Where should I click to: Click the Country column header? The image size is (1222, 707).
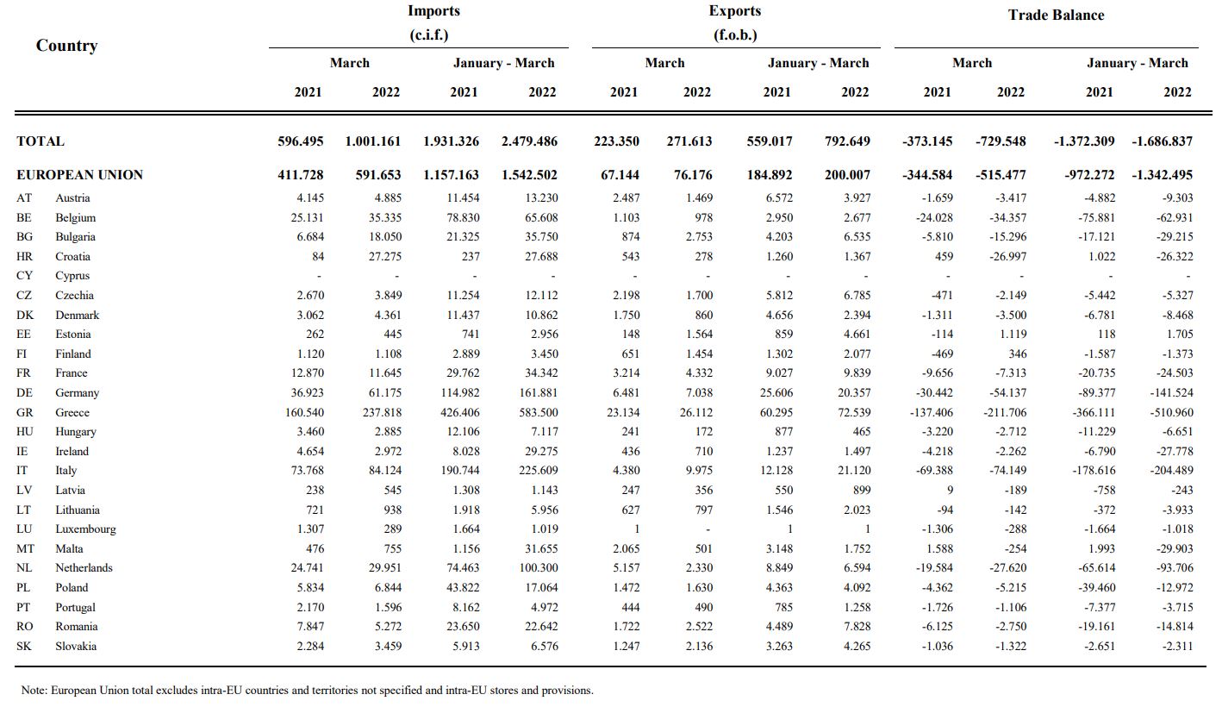coord(66,46)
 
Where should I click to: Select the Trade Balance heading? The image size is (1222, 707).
coord(1056,15)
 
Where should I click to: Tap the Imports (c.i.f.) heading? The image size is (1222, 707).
coord(433,22)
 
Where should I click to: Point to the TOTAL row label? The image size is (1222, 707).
coord(41,141)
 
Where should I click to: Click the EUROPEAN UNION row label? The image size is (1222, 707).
coord(79,174)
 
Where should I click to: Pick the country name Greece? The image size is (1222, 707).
coord(72,412)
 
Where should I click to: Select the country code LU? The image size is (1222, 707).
coord(25,529)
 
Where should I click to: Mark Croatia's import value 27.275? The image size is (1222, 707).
coord(380,256)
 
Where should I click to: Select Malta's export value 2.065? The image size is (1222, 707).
coord(627,548)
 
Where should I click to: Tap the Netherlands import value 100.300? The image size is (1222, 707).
coord(536,567)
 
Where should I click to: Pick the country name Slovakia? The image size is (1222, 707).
coord(76,646)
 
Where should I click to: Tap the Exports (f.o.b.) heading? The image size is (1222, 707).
coord(734,22)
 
